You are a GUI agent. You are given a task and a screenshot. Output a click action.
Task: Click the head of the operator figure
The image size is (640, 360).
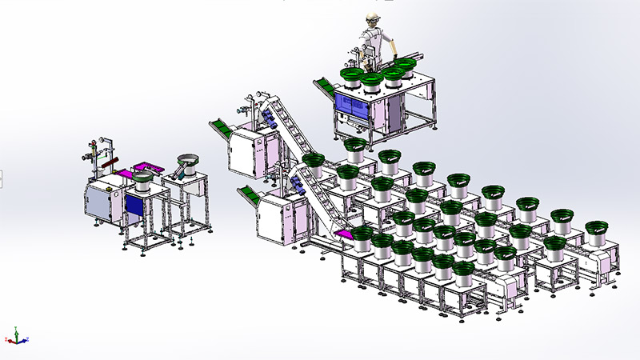coord(371,20)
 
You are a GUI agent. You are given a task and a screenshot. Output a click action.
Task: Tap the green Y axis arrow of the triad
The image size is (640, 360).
coord(17,332)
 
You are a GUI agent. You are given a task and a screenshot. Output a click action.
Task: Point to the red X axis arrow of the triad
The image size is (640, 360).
coord(25,339)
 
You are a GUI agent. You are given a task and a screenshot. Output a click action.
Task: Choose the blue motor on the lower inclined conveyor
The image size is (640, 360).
coord(297,186)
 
